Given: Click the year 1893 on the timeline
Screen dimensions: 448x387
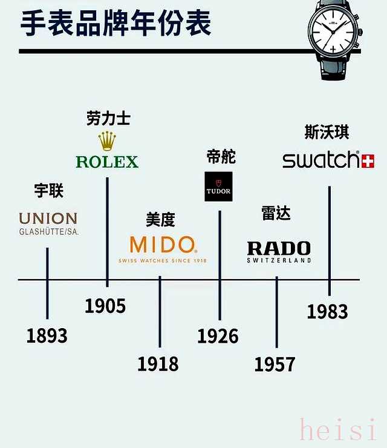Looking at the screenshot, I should coord(47,335).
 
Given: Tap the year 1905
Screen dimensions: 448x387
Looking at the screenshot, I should coord(105,306).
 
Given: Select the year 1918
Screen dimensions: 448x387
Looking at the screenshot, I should coord(158,364).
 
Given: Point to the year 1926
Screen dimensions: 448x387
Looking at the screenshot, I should coord(218,335).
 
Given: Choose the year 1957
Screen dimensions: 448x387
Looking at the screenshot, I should coord(275,364).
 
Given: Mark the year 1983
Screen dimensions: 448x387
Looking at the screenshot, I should coord(327,311).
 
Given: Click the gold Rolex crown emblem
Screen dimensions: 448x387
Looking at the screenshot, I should coord(107,141).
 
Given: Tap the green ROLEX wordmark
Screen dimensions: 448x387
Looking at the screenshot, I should coord(107,162).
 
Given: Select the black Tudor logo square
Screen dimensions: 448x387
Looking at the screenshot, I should coord(218,185).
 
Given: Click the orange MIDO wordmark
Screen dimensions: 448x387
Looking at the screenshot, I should coord(163,245).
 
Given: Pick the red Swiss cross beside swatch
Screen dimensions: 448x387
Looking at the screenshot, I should coord(368,160).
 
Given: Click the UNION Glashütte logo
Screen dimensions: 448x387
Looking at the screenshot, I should coord(48,223).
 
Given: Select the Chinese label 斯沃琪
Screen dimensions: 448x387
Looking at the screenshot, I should coord(327,132).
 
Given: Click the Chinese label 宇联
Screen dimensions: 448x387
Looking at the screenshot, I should coord(48,191).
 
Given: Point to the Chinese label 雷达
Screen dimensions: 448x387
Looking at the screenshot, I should coord(276,213).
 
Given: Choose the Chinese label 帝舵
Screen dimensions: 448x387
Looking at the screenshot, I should coord(220,157).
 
